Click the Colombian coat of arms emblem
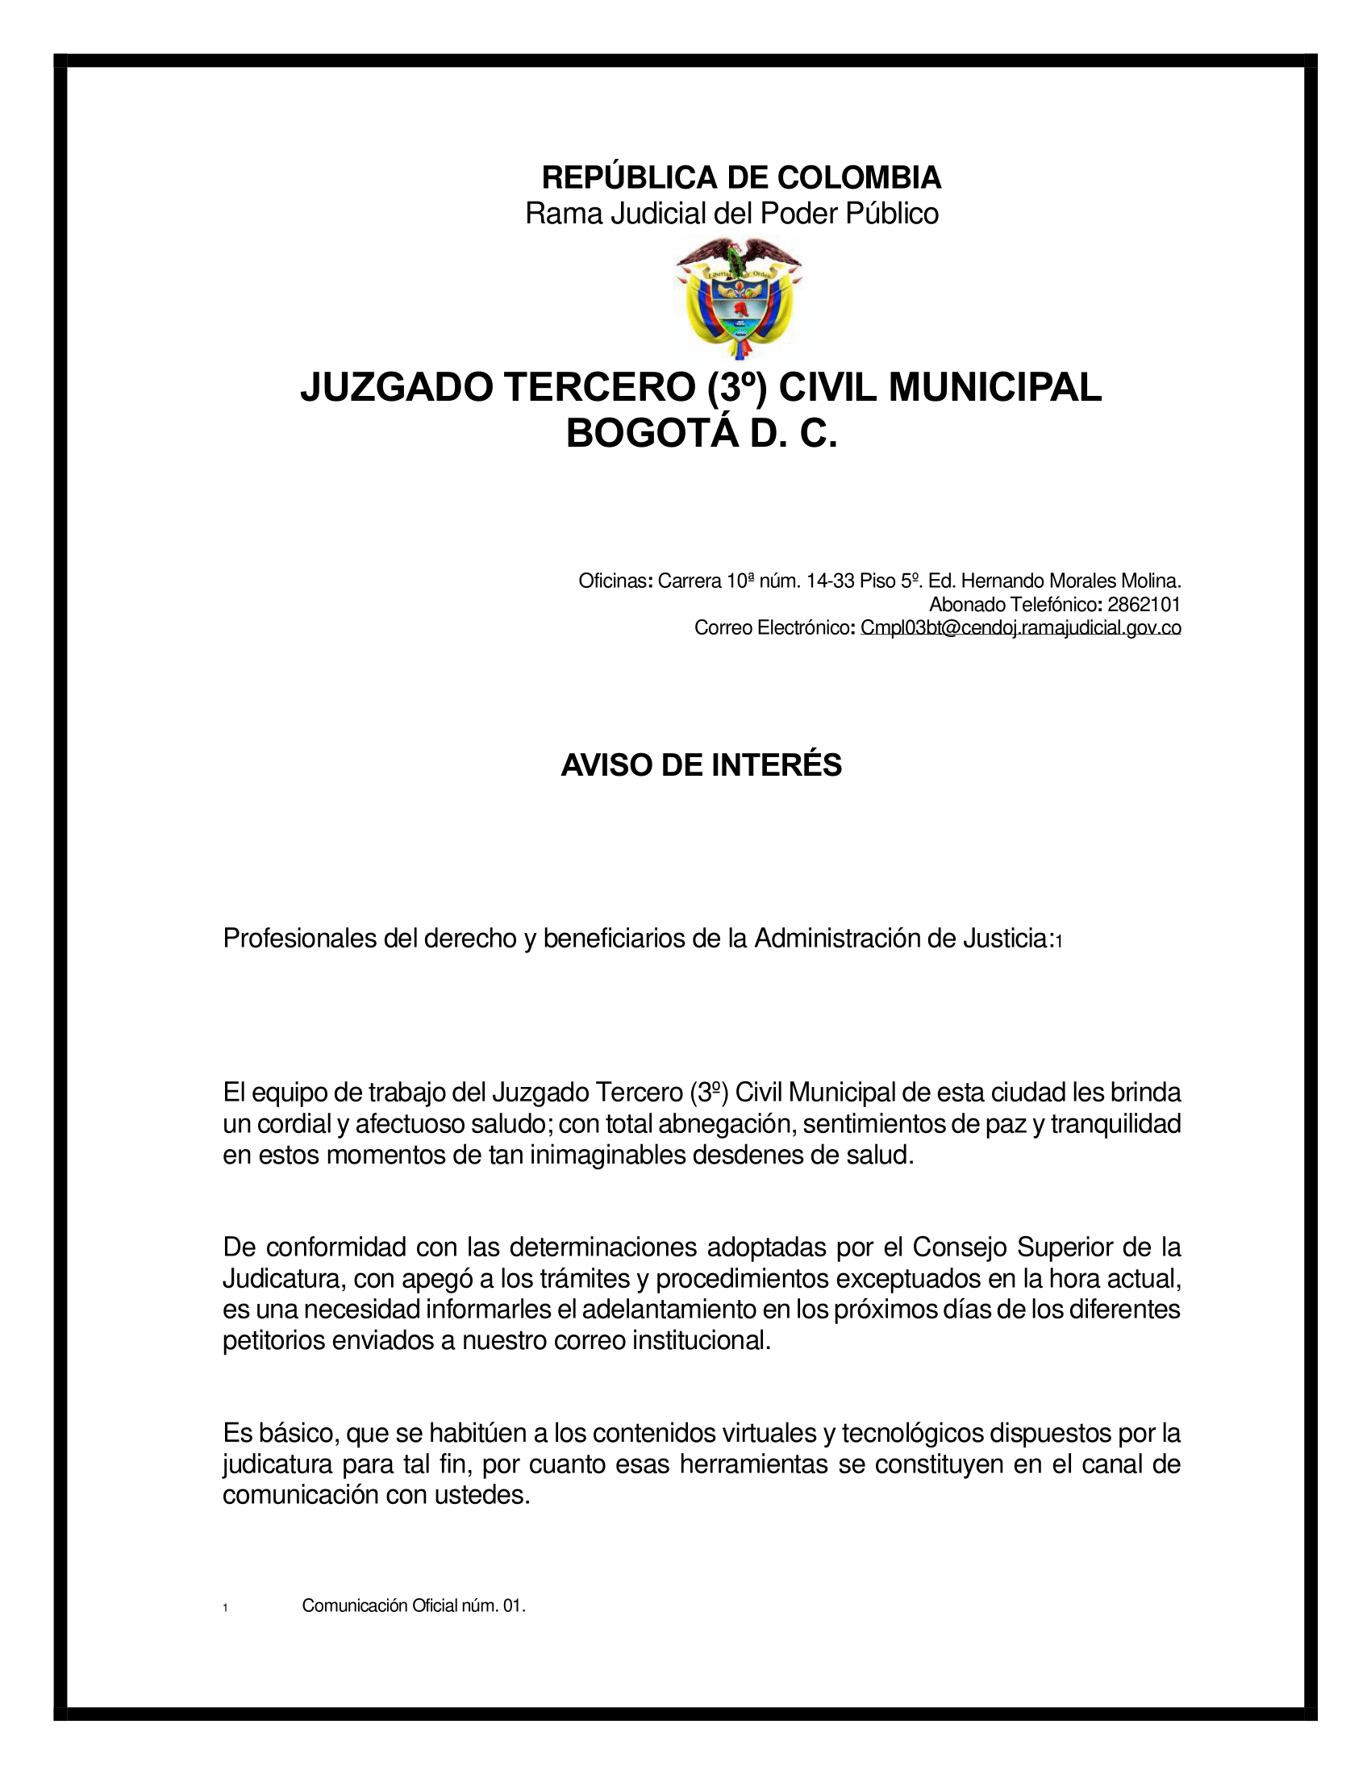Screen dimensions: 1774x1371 tap(738, 298)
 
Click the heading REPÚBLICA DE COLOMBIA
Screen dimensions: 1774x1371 tap(740, 177)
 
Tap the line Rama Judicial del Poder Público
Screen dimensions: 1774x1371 tap(731, 214)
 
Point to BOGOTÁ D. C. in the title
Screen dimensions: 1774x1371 tap(701, 434)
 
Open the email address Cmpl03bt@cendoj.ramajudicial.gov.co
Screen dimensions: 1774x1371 tap(1020, 627)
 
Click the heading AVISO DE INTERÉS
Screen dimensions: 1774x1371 tap(701, 765)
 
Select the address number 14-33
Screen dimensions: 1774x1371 tap(831, 581)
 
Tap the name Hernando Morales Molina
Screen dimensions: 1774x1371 tap(1071, 581)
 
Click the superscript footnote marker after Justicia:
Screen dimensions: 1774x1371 tap(1059, 941)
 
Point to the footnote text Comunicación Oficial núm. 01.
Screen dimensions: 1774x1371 tap(414, 1605)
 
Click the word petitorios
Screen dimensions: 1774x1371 tap(273, 1340)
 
